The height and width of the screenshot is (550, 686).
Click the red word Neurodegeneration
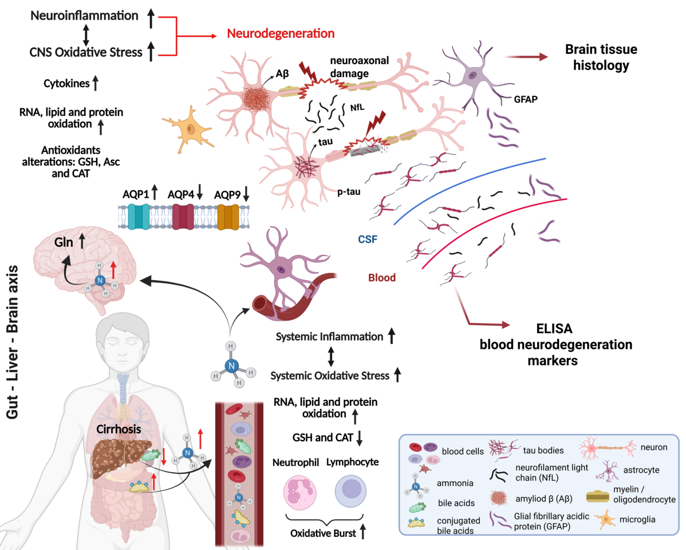click(281, 34)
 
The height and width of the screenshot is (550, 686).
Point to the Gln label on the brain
click(64, 242)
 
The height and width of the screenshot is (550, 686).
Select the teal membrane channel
click(139, 217)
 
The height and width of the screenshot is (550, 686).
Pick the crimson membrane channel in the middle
click(183, 217)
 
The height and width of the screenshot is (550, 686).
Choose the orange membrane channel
click(228, 217)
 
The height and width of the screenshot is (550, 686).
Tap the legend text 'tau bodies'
click(543, 450)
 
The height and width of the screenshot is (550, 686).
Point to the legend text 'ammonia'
click(455, 483)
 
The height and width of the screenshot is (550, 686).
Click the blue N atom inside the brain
click(100, 280)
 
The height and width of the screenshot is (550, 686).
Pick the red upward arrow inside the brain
click(113, 269)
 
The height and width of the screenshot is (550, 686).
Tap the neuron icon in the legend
click(607, 447)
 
